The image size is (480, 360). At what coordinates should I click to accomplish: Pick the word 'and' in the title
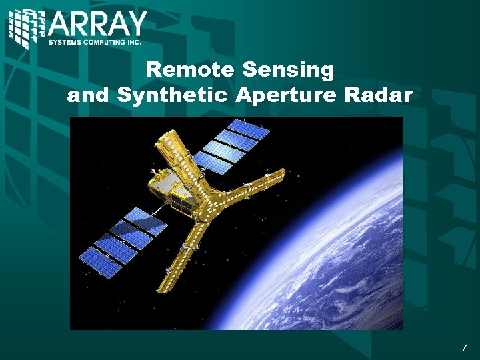pos(89,95)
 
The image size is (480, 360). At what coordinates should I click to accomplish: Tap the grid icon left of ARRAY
pos(27,27)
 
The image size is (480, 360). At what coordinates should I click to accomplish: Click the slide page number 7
pos(464,348)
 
